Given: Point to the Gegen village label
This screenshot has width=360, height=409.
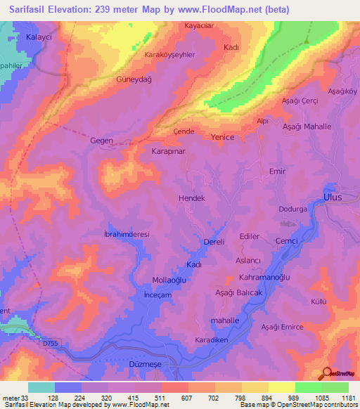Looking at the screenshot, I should pos(101,141).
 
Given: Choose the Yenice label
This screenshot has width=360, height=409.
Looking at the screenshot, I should pos(223,137).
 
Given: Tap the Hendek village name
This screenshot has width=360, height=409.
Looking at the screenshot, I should pos(192,199).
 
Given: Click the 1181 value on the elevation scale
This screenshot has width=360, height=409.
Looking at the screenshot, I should pos(348,398).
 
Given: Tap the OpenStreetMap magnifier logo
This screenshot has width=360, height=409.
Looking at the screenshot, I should pos(326,374).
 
